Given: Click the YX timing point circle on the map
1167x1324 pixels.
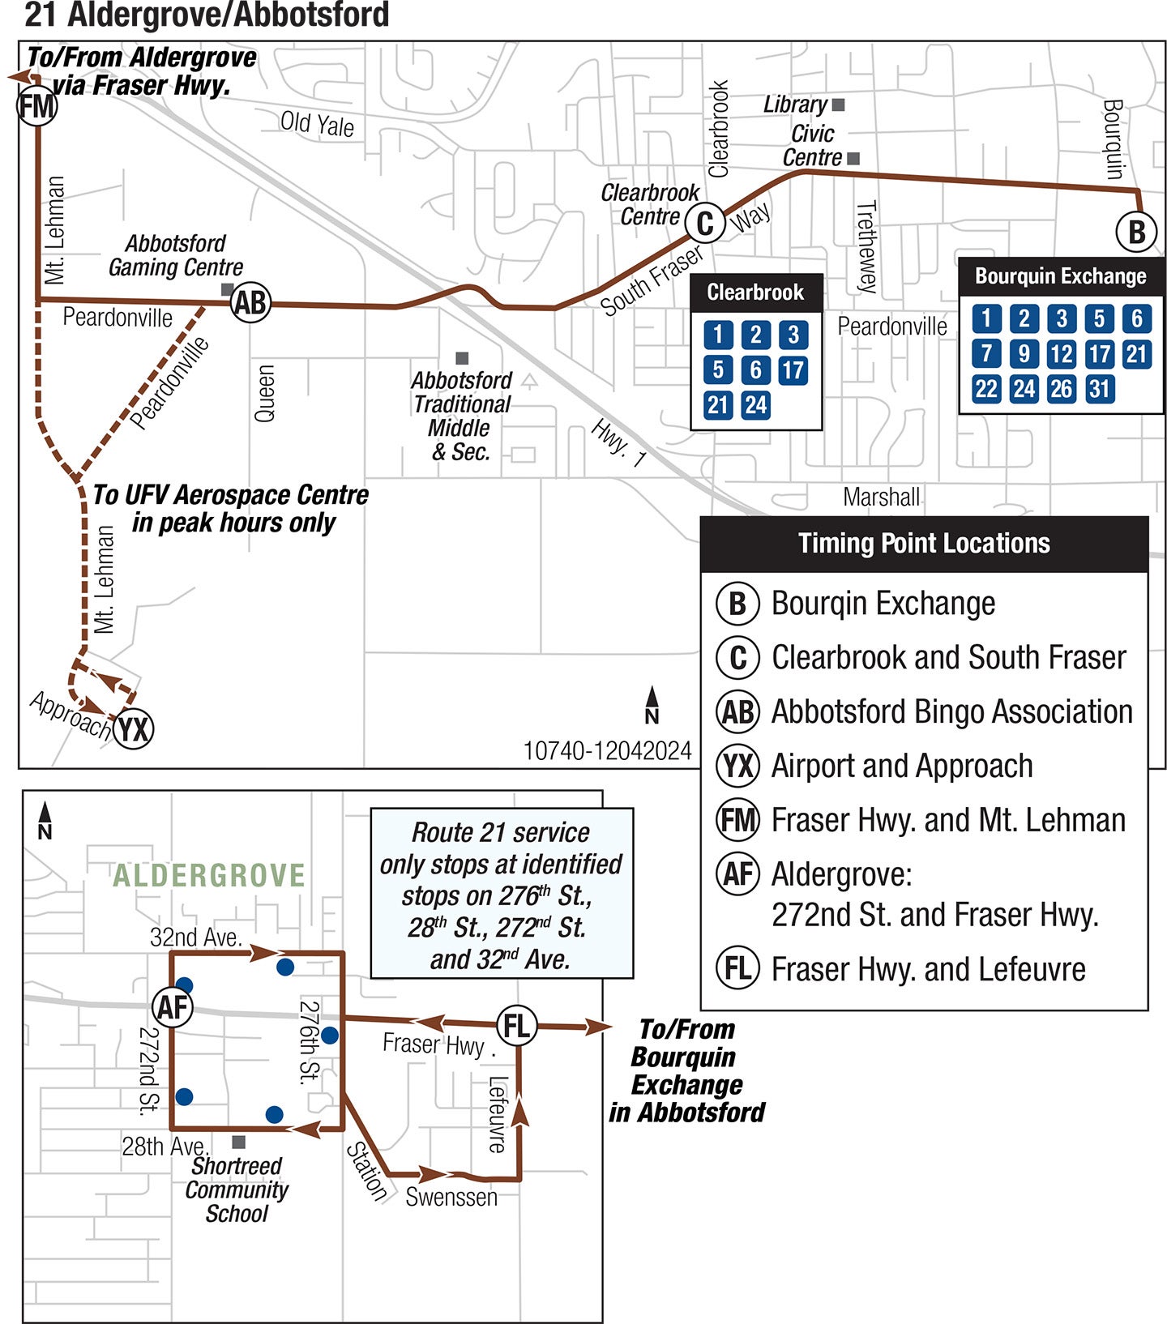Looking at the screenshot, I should pyautogui.click(x=134, y=728).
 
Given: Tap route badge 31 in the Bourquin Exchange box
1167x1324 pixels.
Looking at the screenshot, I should pyautogui.click(x=1099, y=389).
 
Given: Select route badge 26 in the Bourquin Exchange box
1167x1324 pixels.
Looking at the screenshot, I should pyautogui.click(x=1061, y=389).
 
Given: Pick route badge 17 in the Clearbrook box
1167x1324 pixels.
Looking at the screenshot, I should pyautogui.click(x=793, y=370).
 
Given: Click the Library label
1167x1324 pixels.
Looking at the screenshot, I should pyautogui.click(x=795, y=105).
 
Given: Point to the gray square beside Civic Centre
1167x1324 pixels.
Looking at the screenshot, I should pyautogui.click(x=853, y=159).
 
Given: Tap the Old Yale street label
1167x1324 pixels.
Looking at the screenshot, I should pyautogui.click(x=317, y=124).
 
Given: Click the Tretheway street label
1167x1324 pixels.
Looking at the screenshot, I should pyautogui.click(x=866, y=246).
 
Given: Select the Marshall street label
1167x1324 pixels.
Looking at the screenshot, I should pyautogui.click(x=881, y=497).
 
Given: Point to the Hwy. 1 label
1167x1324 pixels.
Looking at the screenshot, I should pyautogui.click(x=618, y=442).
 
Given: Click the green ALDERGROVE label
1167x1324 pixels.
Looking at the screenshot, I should pyautogui.click(x=208, y=875).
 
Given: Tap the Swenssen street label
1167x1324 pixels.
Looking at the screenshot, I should pyautogui.click(x=451, y=1197).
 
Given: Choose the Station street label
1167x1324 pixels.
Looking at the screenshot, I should pyautogui.click(x=366, y=1170).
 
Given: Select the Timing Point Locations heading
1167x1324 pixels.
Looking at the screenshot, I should pyautogui.click(x=924, y=544).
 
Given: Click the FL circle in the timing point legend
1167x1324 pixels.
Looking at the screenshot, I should pyautogui.click(x=737, y=968).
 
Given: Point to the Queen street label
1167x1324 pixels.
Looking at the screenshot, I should pyautogui.click(x=265, y=393).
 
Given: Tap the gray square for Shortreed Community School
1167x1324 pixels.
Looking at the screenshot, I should pyautogui.click(x=239, y=1142).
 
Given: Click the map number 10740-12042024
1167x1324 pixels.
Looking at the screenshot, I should pyautogui.click(x=607, y=751).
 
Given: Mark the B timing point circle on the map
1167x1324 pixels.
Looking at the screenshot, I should pyautogui.click(x=1136, y=232).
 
